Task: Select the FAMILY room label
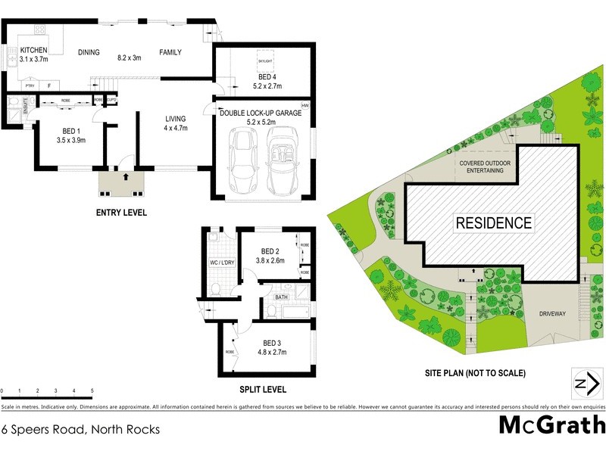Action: (x=172, y=52)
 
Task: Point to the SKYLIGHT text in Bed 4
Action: (x=264, y=60)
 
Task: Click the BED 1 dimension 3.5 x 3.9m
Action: (x=71, y=140)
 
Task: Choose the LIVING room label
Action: (x=176, y=118)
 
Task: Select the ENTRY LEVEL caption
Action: (x=121, y=213)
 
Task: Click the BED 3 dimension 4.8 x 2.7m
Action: (x=273, y=353)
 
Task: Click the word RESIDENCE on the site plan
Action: (x=493, y=223)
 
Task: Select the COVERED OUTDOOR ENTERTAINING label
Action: (x=481, y=167)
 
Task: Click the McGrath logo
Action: (x=551, y=424)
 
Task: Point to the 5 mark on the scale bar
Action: (x=92, y=391)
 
